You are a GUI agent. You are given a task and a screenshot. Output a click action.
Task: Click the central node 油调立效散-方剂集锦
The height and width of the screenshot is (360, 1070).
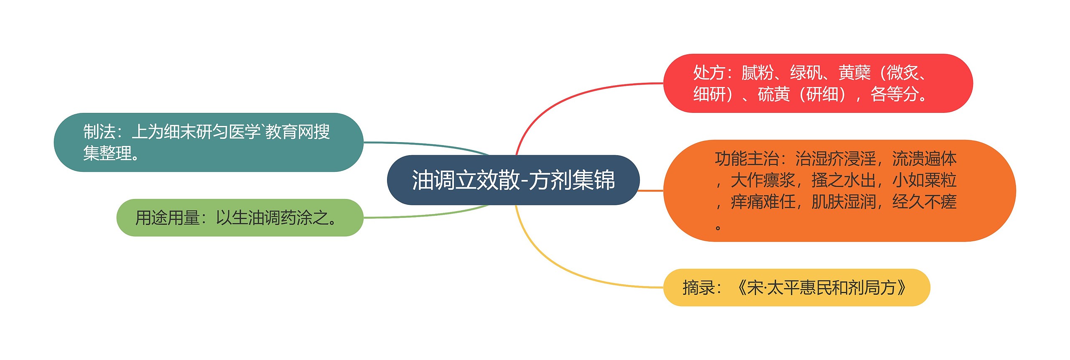pos(513,180)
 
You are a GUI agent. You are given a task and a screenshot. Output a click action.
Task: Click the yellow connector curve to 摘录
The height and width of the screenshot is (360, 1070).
pos(556,268)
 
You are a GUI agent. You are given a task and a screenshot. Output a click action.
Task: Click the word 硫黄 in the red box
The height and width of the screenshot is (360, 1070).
pos(774,94)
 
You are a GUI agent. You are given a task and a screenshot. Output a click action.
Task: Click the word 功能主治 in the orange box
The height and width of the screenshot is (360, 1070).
pos(746,159)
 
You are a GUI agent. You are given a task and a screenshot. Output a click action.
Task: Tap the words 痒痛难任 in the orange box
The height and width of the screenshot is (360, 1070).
pos(763,202)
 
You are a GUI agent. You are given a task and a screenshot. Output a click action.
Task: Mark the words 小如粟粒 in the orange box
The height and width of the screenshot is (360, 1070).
pos(925,181)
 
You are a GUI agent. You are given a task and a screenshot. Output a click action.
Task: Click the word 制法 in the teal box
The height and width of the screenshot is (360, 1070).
pos(99,132)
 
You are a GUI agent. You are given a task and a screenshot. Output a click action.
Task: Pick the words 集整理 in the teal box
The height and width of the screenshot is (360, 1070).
pos(107,153)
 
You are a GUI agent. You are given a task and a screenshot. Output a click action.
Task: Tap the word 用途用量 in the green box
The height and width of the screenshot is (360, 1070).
pos(167,218)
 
